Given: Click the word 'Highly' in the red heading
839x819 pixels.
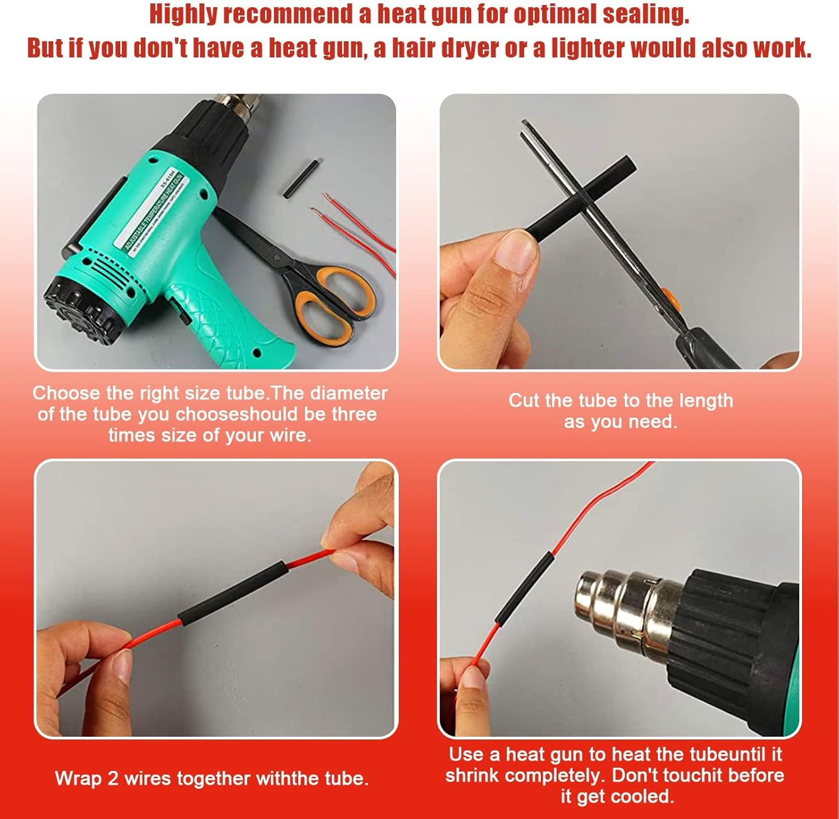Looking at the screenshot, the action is [183, 15].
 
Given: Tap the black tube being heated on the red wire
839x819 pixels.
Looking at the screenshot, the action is [522, 587].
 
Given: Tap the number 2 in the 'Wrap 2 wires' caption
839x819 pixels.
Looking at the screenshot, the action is [113, 779].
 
